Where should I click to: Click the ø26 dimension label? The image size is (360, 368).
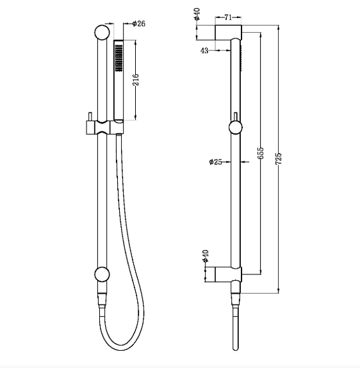(x=139, y=24)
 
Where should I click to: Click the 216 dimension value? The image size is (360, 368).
(x=136, y=79)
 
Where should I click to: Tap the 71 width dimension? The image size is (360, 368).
(x=228, y=17)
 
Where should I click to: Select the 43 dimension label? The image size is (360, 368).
(x=204, y=51)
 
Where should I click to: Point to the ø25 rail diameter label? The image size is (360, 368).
(x=215, y=162)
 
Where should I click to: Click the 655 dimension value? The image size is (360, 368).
(x=261, y=153)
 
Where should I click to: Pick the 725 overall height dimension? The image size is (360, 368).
(x=279, y=158)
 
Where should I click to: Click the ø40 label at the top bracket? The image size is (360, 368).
(x=197, y=14)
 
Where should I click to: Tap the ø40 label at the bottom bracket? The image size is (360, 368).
(x=205, y=256)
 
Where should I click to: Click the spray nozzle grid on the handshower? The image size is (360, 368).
(x=119, y=58)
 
